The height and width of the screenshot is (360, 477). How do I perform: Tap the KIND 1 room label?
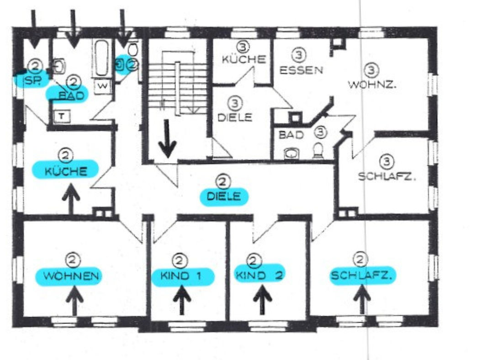click(181, 276)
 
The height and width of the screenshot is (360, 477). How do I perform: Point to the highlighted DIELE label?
click(224, 197)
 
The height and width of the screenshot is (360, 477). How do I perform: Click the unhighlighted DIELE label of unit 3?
click(234, 117)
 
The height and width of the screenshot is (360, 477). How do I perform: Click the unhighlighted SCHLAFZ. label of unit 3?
click(387, 177)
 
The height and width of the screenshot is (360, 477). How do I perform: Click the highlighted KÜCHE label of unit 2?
click(66, 171)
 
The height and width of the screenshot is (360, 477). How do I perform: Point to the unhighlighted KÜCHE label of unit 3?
click(244, 59)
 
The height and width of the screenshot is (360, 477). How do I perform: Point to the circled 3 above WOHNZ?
click(372, 70)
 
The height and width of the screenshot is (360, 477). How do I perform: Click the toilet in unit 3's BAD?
click(318, 150)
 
